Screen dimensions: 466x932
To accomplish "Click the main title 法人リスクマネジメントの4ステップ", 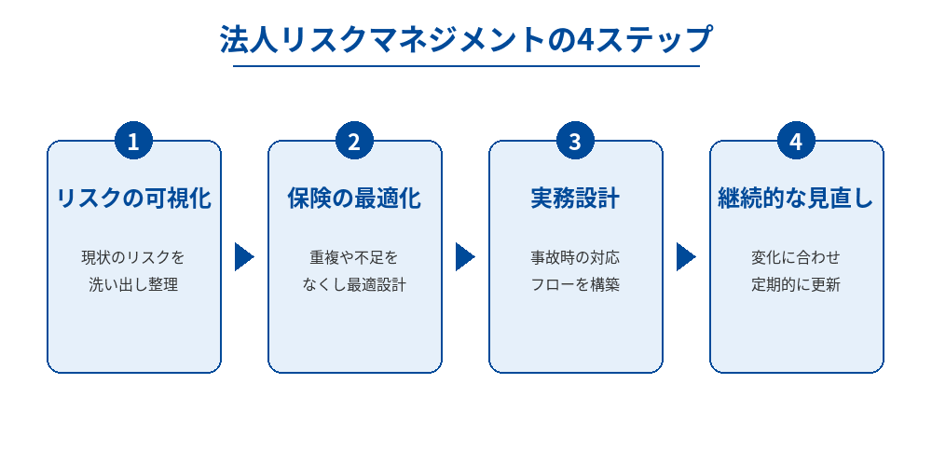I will (x=466, y=40).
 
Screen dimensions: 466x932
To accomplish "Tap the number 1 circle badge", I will (x=133, y=142).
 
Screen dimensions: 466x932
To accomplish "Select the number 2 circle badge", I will (x=354, y=142).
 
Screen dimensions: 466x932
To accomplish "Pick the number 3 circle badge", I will (x=575, y=142).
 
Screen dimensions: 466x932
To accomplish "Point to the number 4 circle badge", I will (x=796, y=142).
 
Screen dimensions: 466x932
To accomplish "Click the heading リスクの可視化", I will (x=134, y=199).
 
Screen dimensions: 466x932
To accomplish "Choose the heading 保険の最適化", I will (x=354, y=199).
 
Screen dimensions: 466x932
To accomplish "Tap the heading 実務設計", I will (x=575, y=199).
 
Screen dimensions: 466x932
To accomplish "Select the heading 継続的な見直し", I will (x=796, y=199).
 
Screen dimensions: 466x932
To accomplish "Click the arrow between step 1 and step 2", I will (x=244, y=256).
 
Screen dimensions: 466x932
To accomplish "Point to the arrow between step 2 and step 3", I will (x=465, y=256).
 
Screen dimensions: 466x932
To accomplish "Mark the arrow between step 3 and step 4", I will (x=686, y=256).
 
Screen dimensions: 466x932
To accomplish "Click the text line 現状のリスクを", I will (x=133, y=256).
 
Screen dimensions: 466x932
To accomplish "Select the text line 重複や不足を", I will (x=354, y=256).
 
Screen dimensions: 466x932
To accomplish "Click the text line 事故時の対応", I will (x=575, y=256).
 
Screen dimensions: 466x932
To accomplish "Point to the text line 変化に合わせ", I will (x=796, y=256).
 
